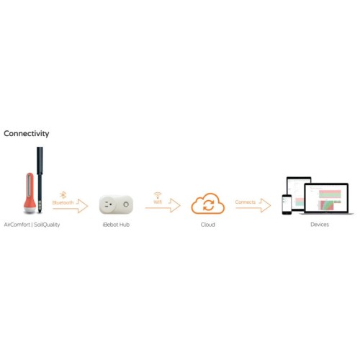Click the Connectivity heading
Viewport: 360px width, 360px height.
pyautogui.click(x=27, y=133)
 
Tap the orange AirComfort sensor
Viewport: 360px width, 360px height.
pyautogui.click(x=30, y=193)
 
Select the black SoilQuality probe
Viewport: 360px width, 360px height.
pyautogui.click(x=40, y=180)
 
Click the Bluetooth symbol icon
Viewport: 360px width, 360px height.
pyautogui.click(x=63, y=195)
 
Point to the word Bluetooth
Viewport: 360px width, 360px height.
pyautogui.click(x=63, y=202)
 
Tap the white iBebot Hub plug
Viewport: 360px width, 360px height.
pyautogui.click(x=116, y=204)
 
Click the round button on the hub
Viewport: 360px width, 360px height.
pyautogui.click(x=126, y=204)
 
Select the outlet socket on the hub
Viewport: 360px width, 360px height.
pyautogui.click(x=108, y=204)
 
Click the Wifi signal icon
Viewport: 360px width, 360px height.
pyautogui.click(x=158, y=195)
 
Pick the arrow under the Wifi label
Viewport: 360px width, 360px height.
pyautogui.click(x=163, y=207)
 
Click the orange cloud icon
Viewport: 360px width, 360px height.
pyautogui.click(x=208, y=204)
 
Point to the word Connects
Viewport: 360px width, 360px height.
pyautogui.click(x=246, y=202)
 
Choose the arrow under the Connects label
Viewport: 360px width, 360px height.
pyautogui.click(x=253, y=207)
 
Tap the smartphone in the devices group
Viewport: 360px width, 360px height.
pyautogui.click(x=287, y=204)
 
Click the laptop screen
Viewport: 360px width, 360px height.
pyautogui.click(x=326, y=198)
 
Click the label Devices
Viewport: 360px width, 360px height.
pyautogui.click(x=320, y=225)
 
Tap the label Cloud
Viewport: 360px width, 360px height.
pyautogui.click(x=208, y=225)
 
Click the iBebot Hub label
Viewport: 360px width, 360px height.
pyautogui.click(x=116, y=225)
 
